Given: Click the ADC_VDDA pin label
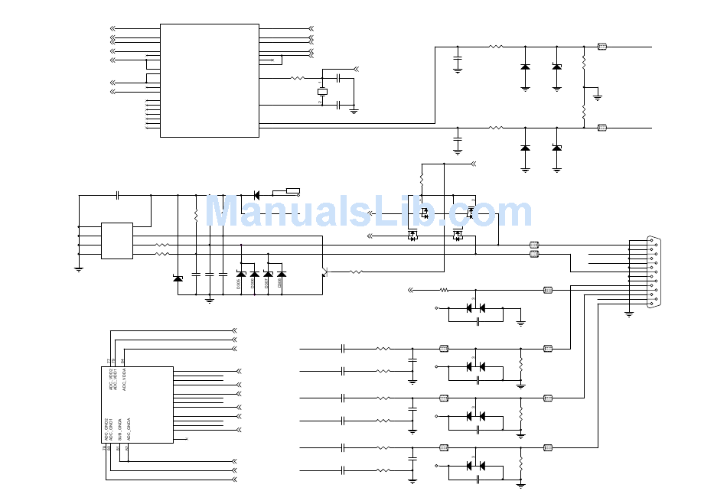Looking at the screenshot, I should click(123, 379).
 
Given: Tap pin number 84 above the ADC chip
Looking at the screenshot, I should click(123, 361).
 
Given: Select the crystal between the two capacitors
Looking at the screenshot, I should click(322, 92).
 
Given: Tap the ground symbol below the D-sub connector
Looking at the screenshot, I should click(629, 313).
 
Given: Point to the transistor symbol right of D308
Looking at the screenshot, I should click(324, 271).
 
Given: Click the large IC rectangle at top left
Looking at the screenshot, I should click(209, 80).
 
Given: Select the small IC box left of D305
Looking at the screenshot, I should click(117, 241).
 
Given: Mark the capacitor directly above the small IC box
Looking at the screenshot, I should click(117, 195).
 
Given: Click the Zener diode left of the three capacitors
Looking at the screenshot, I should click(178, 278).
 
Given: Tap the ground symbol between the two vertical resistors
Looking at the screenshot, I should click(598, 96).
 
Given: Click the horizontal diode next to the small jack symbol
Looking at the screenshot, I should click(256, 195).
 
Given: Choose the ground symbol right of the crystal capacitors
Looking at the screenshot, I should click(354, 110).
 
